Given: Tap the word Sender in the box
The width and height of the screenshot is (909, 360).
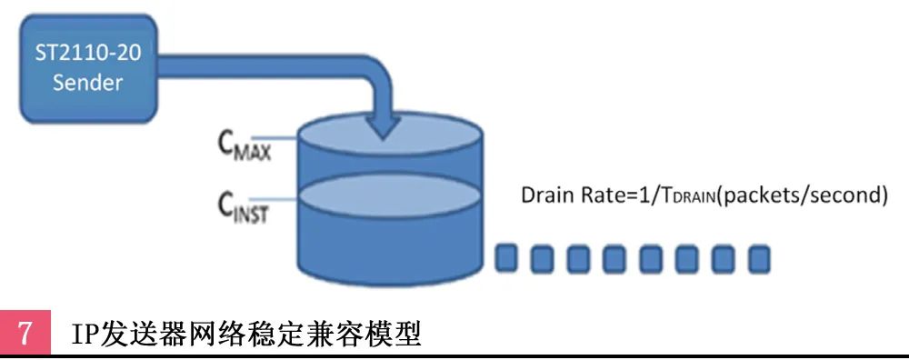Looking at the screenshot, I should coord(87,83).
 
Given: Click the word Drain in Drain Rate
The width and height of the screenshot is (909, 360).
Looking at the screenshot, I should coord(544,195).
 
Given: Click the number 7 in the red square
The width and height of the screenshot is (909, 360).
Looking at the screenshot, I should coord(26,333).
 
